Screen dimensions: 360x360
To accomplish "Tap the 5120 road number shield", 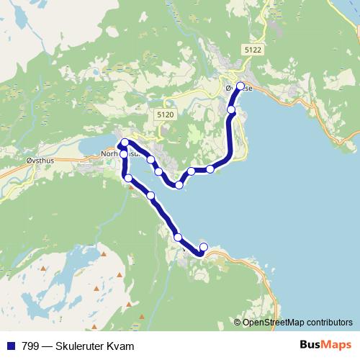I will pyautogui.click(x=165, y=114).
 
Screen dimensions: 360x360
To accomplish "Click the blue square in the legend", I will pyautogui.click(x=9, y=346).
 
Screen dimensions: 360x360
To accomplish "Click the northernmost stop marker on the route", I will pyautogui.click(x=240, y=85).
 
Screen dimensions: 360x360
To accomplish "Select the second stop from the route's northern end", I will pyautogui.click(x=232, y=109).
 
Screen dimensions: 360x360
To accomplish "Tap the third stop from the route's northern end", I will pyautogui.click(x=210, y=169).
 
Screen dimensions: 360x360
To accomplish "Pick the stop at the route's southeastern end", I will pyautogui.click(x=204, y=248).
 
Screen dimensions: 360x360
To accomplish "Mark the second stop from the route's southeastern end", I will pyautogui.click(x=178, y=237).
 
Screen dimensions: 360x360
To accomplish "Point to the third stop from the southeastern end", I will pyautogui.click(x=150, y=195).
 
